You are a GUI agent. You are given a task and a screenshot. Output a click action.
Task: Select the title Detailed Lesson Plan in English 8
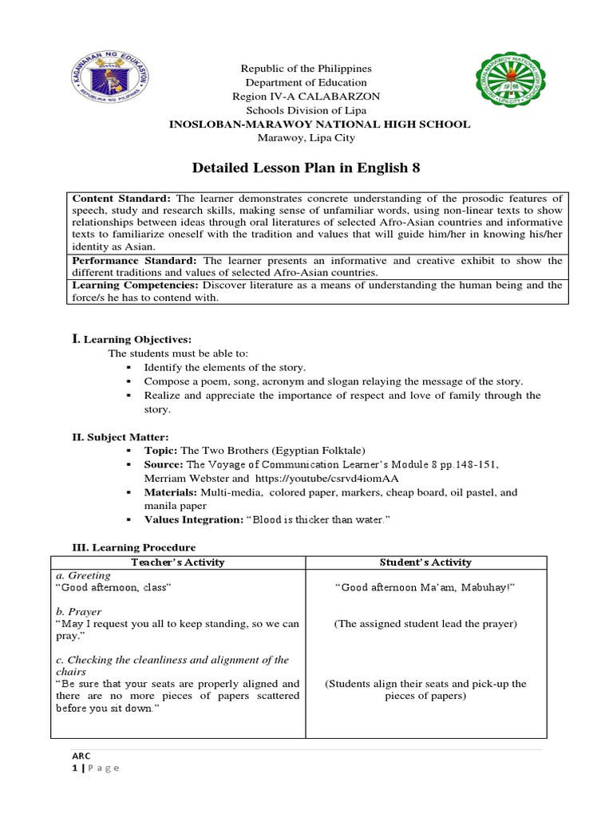point(306,168)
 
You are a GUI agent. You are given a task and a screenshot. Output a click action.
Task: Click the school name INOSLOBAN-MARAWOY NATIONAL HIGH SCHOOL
point(306,124)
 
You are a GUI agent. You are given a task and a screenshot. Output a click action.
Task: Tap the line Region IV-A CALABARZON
point(306,96)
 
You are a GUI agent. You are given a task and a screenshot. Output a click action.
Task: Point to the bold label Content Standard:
point(121,198)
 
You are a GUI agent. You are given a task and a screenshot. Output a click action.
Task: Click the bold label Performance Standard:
point(136,261)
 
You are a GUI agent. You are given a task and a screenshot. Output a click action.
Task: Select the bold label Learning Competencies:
point(136,285)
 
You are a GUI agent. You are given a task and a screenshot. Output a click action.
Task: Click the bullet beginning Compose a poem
point(333,381)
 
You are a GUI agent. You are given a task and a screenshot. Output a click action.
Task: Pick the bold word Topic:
point(161,451)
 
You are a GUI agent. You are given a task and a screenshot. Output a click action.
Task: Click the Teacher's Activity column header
point(178,562)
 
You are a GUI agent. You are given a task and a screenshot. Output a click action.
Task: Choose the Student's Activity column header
point(426,562)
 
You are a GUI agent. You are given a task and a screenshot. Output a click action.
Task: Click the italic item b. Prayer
point(77,611)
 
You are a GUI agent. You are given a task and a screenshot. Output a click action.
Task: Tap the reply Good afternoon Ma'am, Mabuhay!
point(425,587)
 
